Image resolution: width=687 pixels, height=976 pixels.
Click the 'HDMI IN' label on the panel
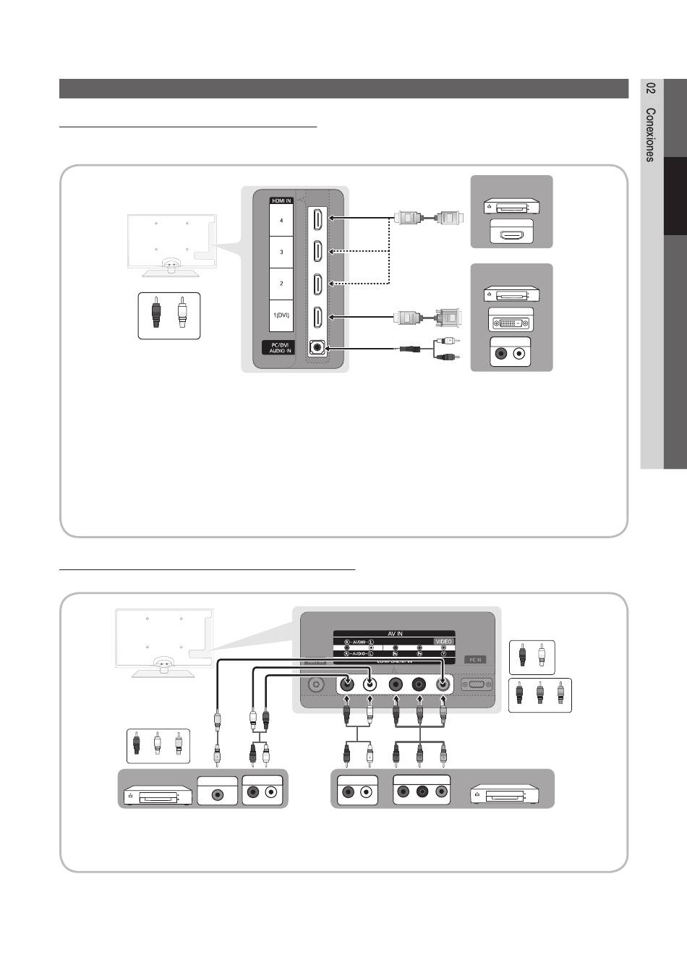click(x=281, y=200)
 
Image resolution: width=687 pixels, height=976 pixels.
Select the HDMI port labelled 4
click(x=318, y=218)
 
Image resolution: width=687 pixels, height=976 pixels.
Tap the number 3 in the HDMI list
click(x=281, y=252)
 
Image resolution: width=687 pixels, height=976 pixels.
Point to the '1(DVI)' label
click(x=281, y=315)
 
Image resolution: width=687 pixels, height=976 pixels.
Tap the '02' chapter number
click(x=651, y=88)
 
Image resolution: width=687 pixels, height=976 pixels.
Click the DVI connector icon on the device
click(x=511, y=321)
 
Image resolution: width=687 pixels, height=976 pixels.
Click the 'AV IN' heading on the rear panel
click(x=395, y=633)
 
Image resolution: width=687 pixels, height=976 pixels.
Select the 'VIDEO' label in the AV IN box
click(x=443, y=642)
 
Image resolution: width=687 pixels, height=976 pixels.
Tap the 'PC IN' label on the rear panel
click(x=475, y=660)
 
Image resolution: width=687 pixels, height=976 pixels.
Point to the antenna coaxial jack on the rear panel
click(x=315, y=684)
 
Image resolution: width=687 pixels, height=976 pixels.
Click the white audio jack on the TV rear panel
click(x=370, y=684)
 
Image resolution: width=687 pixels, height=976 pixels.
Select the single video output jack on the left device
click(x=217, y=792)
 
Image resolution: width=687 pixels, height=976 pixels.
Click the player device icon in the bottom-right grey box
click(x=504, y=794)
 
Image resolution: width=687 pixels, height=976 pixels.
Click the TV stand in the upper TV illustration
click(x=171, y=269)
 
